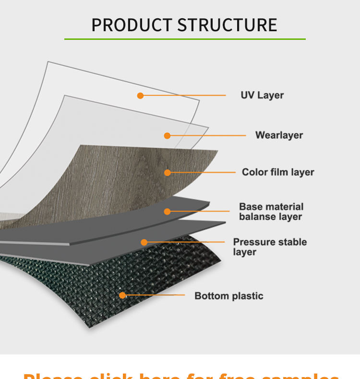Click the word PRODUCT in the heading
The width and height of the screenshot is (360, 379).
pyautogui.click(x=131, y=25)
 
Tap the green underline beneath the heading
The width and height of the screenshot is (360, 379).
pyautogui.click(x=185, y=39)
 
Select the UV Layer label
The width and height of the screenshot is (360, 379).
pyautogui.click(x=262, y=95)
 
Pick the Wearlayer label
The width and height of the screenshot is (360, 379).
pyautogui.click(x=279, y=135)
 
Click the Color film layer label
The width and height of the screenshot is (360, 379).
pyautogui.click(x=278, y=172)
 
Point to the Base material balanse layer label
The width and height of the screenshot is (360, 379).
pyautogui.click(x=271, y=211)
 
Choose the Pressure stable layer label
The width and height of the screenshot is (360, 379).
pyautogui.click(x=270, y=247)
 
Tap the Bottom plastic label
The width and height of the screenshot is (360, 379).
pyautogui.click(x=229, y=296)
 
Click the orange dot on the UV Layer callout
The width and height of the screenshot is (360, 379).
pyautogui.click(x=140, y=96)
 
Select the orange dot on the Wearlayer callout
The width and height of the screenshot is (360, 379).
pyautogui.click(x=167, y=136)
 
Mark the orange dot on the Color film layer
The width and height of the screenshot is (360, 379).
pyautogui.click(x=168, y=172)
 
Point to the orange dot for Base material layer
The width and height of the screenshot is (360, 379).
pyautogui.click(x=167, y=211)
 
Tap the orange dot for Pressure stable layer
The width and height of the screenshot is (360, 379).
pyautogui.click(x=144, y=243)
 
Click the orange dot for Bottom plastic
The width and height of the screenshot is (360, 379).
pyautogui.click(x=122, y=295)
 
